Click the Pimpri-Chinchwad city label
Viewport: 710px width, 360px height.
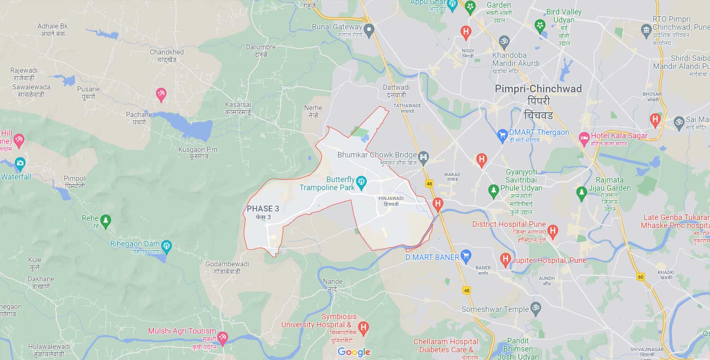pyautogui.click(x=538, y=89)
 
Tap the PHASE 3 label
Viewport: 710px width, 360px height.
pyautogui.click(x=263, y=209)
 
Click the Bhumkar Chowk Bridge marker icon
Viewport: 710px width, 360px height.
pyautogui.click(x=423, y=157)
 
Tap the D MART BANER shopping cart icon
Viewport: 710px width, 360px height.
pyautogui.click(x=466, y=256)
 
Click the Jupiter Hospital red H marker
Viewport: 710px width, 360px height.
pyautogui.click(x=505, y=259)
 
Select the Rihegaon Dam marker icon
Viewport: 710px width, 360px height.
pyautogui.click(x=166, y=246)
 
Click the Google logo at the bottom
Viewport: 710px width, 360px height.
pyautogui.click(x=354, y=352)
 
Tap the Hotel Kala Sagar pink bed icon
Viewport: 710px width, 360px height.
pyautogui.click(x=584, y=138)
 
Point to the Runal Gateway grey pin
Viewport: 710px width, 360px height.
pyautogui.click(x=369, y=29)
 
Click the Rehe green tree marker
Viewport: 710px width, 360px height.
pyautogui.click(x=106, y=220)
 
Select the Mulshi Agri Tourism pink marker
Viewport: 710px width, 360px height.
pyautogui.click(x=222, y=338)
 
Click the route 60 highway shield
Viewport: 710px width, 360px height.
pyautogui.click(x=641, y=277)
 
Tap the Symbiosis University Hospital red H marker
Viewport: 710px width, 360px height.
pyautogui.click(x=363, y=327)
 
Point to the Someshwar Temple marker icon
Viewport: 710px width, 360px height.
pyautogui.click(x=536, y=308)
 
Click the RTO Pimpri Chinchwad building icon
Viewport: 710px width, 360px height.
pyautogui.click(x=646, y=29)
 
